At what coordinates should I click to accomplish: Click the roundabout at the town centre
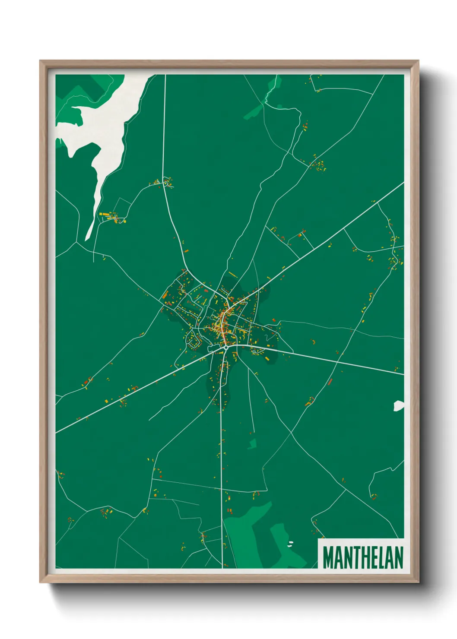[x=225, y=347]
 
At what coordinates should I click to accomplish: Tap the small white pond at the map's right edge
[x=398, y=405]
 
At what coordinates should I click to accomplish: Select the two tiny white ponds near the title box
[x=290, y=543]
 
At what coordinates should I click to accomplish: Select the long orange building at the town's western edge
[x=165, y=295]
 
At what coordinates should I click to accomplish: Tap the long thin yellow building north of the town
[x=232, y=275]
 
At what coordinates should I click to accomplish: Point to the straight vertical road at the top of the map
[x=164, y=130]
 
